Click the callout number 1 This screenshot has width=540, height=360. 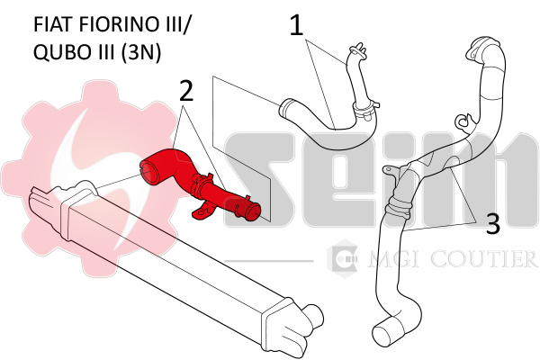pyautogui.click(x=296, y=25)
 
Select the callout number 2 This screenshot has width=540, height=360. pyautogui.click(x=186, y=91)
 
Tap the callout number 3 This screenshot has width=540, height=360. pyautogui.click(x=493, y=224)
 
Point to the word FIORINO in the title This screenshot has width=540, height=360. pyautogui.click(x=117, y=24)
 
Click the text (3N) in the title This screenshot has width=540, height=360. pyautogui.click(x=140, y=53)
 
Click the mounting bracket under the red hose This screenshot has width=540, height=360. pyautogui.click(x=203, y=211)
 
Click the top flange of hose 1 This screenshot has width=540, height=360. pyautogui.click(x=356, y=50)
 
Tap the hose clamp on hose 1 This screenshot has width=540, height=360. pyautogui.click(x=364, y=110)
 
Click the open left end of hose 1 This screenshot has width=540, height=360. pyautogui.click(x=286, y=108)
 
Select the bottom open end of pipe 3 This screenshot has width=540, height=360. pyautogui.click(x=386, y=331)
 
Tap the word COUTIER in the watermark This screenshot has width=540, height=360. pyautogui.click(x=484, y=259)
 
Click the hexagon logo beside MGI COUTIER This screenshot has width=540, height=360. pyautogui.click(x=342, y=258)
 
